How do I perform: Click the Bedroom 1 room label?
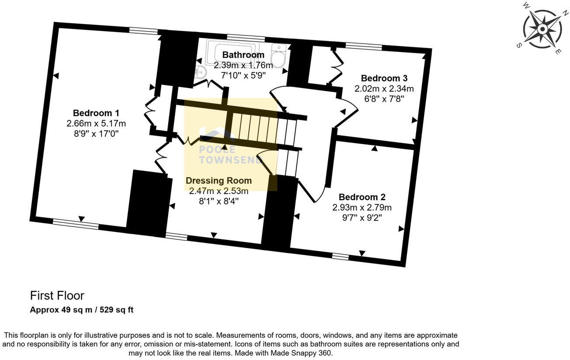(x=96, y=113)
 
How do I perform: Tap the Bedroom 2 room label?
(x=361, y=197)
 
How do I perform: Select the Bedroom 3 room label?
(x=384, y=79)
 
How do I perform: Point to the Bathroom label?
(x=243, y=55)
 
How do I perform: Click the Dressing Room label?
(x=219, y=181)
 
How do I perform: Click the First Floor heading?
(x=57, y=296)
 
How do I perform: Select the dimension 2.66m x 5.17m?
(x=96, y=124)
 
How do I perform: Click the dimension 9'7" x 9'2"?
(x=361, y=217)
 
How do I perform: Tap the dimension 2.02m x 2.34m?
(x=384, y=89)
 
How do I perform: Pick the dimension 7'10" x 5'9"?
(x=243, y=75)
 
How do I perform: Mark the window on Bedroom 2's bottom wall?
(x=340, y=257)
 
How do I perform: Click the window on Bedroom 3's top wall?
(x=363, y=46)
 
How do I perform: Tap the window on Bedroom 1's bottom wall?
(x=75, y=224)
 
